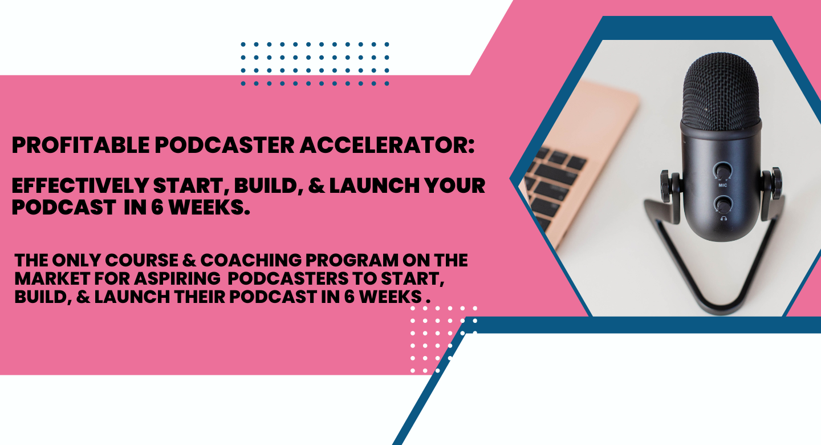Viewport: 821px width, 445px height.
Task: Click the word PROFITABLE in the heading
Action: [80, 145]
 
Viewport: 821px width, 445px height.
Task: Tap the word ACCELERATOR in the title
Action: [382, 145]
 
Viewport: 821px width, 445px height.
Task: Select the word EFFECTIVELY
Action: [80, 185]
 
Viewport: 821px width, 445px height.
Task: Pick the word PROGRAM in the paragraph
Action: [352, 261]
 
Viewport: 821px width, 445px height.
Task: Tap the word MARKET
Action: [52, 278]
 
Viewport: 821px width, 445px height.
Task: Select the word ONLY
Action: [76, 261]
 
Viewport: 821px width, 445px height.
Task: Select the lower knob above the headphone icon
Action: [722, 205]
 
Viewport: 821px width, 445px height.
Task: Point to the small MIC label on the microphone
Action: [722, 185]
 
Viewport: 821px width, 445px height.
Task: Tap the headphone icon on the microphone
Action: [724, 219]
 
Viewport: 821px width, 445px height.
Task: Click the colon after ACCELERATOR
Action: [471, 146]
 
